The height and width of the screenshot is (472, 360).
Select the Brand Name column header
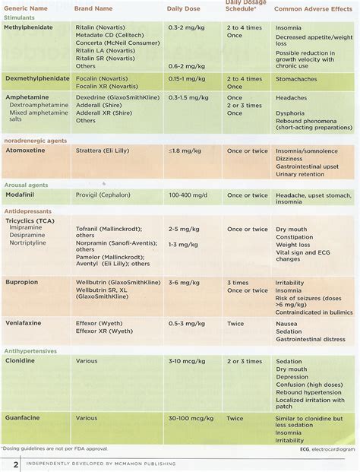(x=97, y=8)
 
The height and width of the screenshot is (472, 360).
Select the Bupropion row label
(x=24, y=282)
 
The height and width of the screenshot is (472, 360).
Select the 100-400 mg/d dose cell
(x=188, y=195)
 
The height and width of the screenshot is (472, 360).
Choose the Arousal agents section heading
(x=27, y=185)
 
